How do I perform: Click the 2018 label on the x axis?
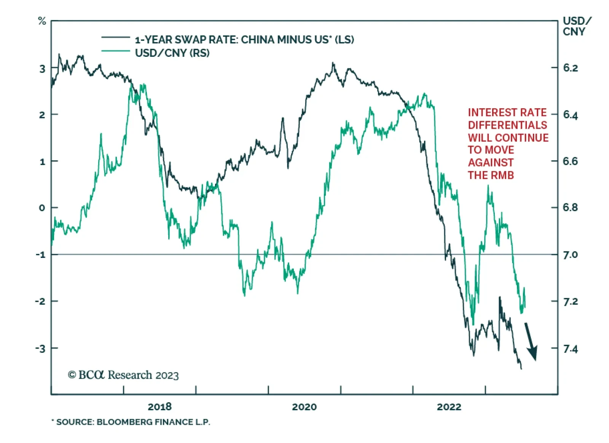coord(159,407)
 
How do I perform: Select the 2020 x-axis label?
coord(304,407)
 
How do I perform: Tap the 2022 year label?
coord(449,407)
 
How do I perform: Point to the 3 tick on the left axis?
coord(42,69)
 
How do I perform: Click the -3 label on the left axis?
coord(40,348)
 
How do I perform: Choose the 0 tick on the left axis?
coord(42,208)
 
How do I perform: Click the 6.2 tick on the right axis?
coord(570,68)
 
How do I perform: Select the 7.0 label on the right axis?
coord(570,254)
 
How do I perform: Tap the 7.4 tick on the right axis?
coord(570,349)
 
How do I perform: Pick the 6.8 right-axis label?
coord(570,208)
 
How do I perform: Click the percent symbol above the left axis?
coord(42,21)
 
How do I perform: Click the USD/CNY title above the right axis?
coord(576,26)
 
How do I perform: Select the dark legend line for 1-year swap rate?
coord(116,37)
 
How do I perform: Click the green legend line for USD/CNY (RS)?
coord(116,51)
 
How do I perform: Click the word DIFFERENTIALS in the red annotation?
coord(507,125)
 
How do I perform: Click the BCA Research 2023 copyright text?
coord(123,375)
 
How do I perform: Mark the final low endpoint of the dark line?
coord(521,368)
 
